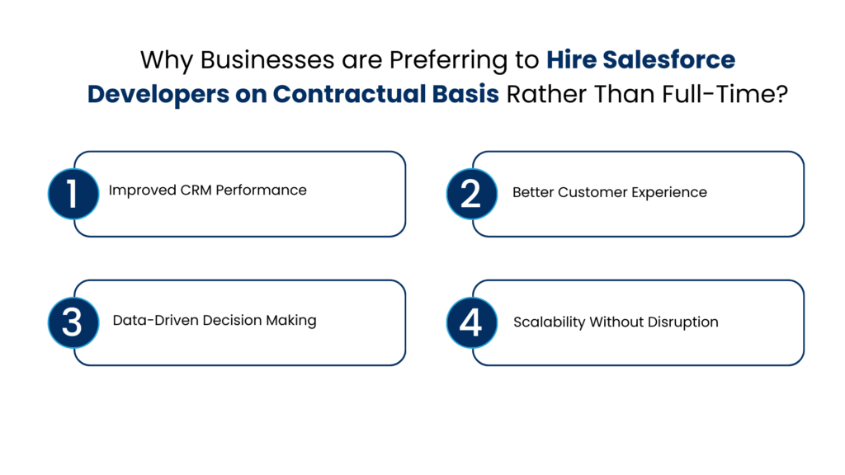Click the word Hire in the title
tap(569, 60)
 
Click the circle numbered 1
tap(73, 194)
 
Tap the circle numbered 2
tap(471, 194)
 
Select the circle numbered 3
tap(73, 322)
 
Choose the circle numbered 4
tap(471, 322)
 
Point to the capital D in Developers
tap(96, 95)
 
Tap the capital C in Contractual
tap(281, 95)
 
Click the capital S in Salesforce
tap(609, 60)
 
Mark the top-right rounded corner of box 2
tap(798, 157)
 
